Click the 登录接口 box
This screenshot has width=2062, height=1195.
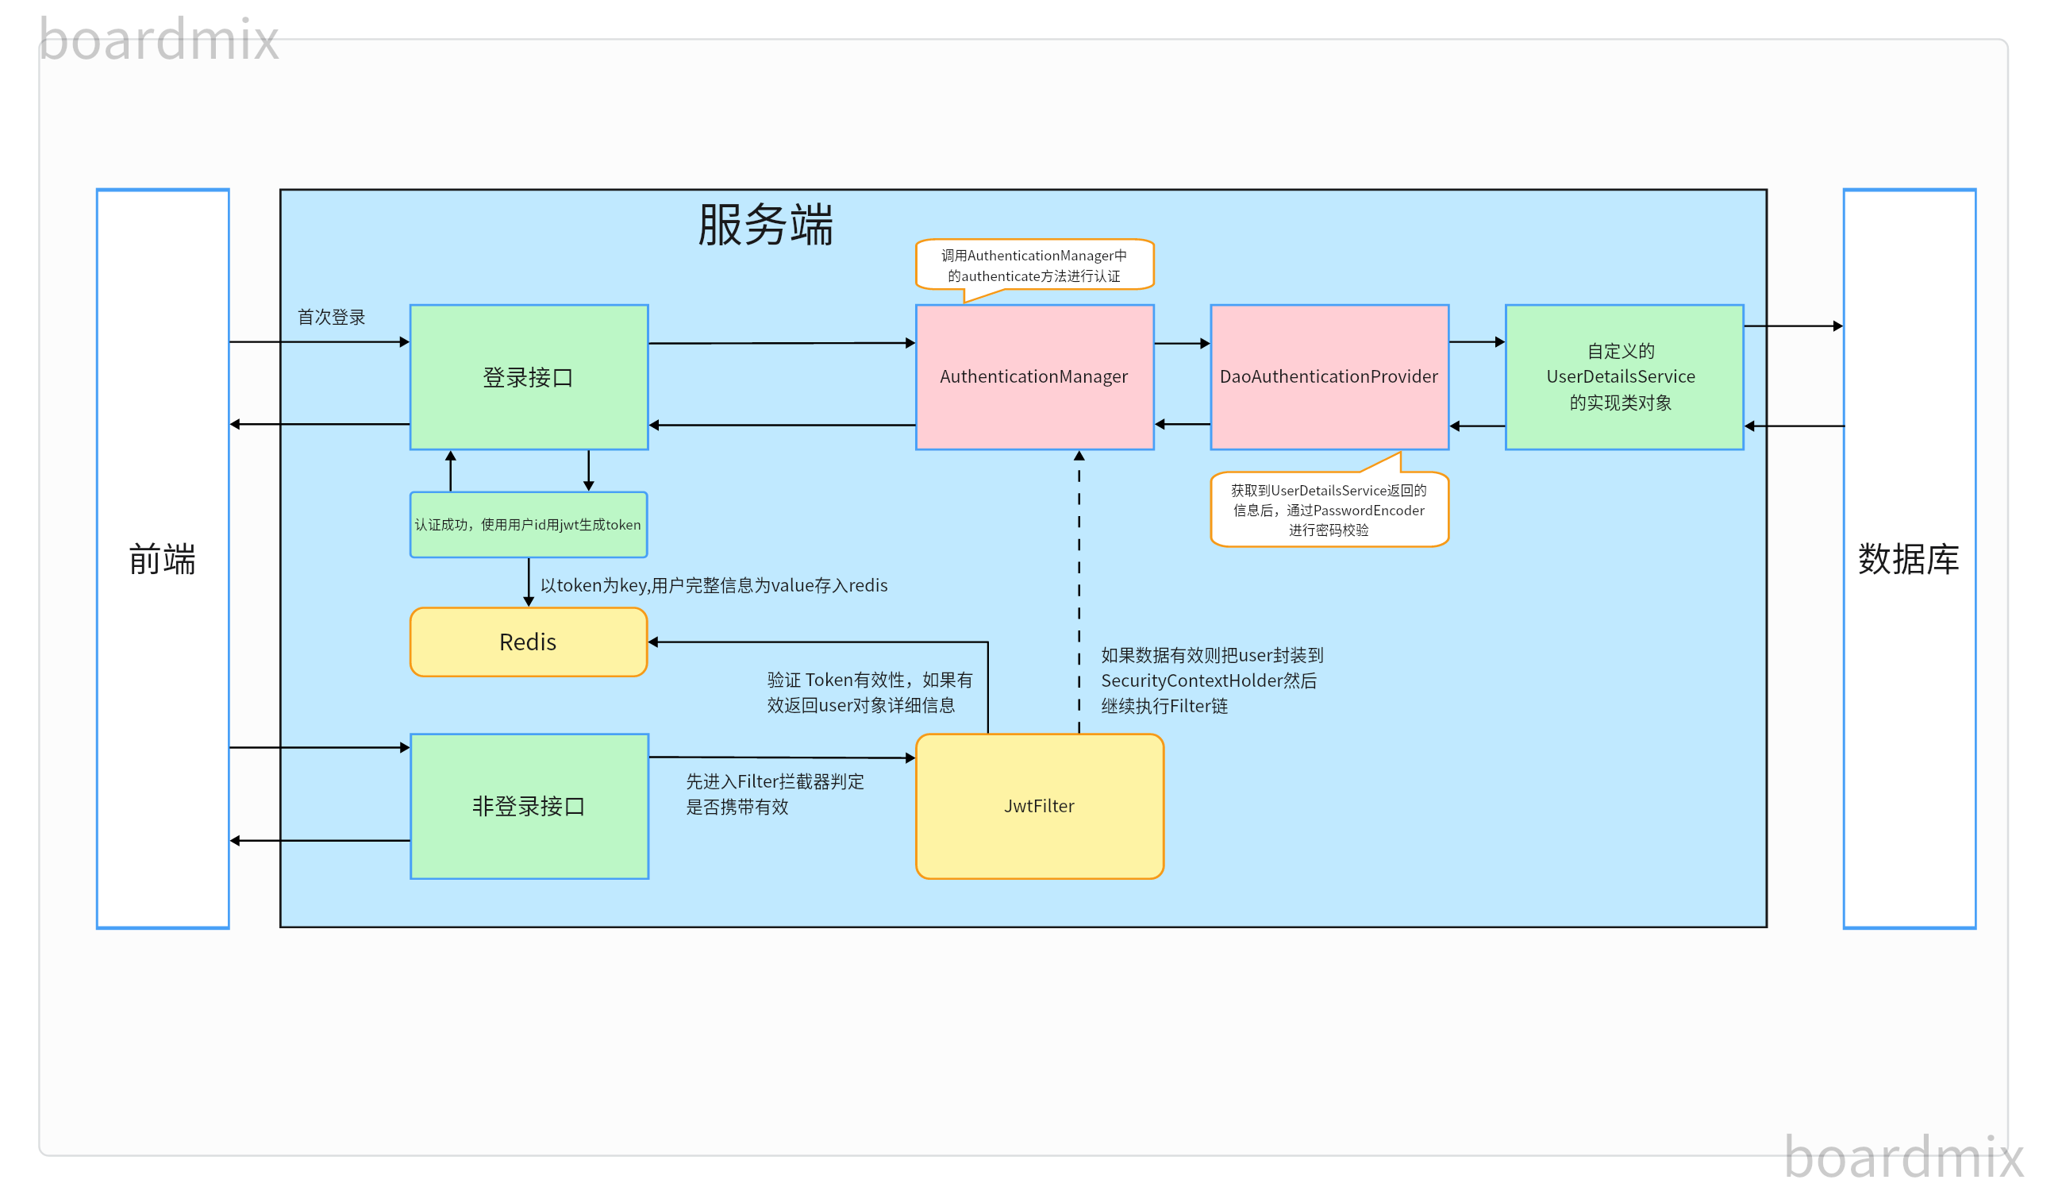529,377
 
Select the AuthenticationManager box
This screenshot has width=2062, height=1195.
1034,377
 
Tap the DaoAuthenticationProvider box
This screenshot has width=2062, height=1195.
1329,377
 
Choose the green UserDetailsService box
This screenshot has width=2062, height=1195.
1623,377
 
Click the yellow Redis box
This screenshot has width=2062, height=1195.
528,642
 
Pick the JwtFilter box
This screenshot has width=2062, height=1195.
1039,806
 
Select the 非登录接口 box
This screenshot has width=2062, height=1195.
529,806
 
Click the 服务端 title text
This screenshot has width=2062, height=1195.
765,225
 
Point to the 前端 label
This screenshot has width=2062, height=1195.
162,560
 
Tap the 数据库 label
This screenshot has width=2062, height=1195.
1908,560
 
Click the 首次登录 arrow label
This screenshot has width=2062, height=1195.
331,318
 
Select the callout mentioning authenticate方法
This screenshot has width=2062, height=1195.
1034,265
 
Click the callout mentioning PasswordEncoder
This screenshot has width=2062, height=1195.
1329,510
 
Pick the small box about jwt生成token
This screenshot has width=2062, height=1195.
528,525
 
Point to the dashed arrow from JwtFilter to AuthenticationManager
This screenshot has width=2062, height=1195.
1079,589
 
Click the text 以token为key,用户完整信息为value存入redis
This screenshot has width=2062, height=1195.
714,586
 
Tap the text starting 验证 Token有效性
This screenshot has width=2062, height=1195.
869,692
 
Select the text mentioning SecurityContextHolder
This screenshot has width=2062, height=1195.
1211,681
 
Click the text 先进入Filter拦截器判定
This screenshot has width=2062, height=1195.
774,794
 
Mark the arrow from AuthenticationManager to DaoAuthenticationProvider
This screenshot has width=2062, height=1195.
1182,344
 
